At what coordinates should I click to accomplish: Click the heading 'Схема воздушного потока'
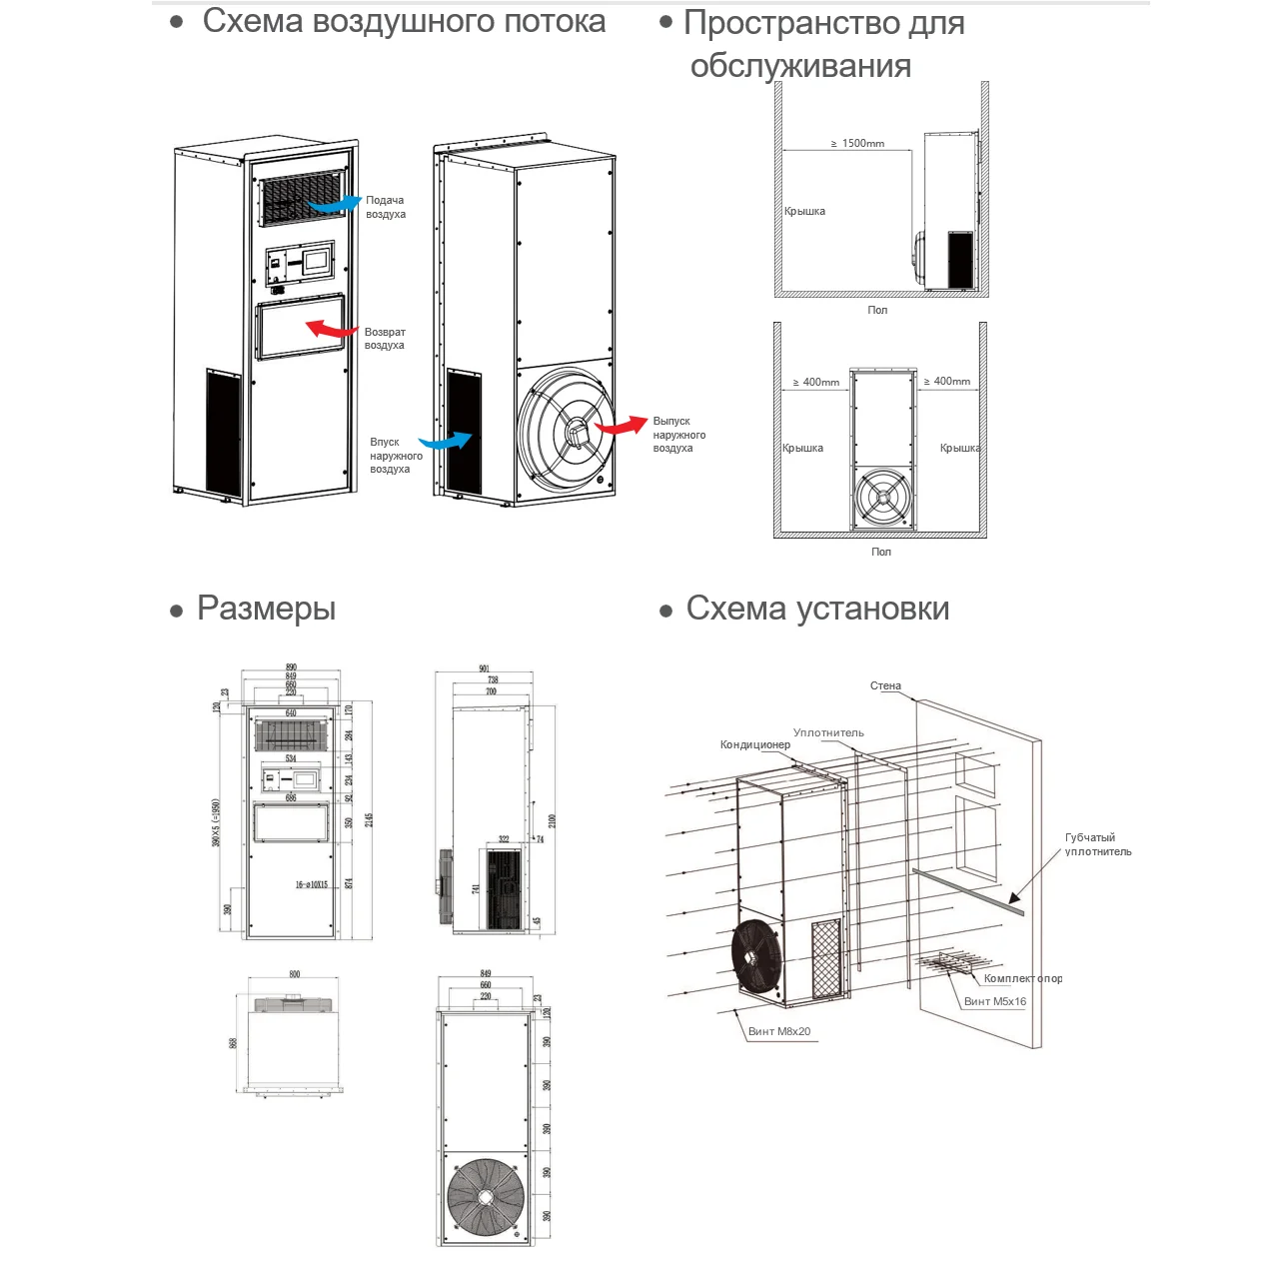[404, 22]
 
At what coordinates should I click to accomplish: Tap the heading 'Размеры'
[266, 609]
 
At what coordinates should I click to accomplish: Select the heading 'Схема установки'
[817, 609]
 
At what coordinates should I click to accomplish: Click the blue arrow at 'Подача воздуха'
[335, 204]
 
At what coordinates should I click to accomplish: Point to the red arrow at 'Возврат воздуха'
[331, 329]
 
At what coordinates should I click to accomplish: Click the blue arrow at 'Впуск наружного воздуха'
[446, 441]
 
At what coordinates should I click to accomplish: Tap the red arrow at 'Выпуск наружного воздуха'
[622, 426]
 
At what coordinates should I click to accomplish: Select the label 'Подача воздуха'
[386, 207]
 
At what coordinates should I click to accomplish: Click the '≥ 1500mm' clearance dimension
[858, 144]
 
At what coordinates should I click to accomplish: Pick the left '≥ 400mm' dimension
[816, 382]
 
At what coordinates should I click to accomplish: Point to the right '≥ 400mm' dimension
[947, 381]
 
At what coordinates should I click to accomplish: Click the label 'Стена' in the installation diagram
[885, 685]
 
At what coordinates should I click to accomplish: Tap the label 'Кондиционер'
[755, 744]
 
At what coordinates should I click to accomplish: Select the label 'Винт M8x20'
[779, 1031]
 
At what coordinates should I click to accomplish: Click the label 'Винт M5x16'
[995, 1001]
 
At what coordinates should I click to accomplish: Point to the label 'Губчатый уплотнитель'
[1097, 844]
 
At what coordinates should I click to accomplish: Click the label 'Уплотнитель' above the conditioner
[828, 732]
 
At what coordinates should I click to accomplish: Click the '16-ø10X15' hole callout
[312, 884]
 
